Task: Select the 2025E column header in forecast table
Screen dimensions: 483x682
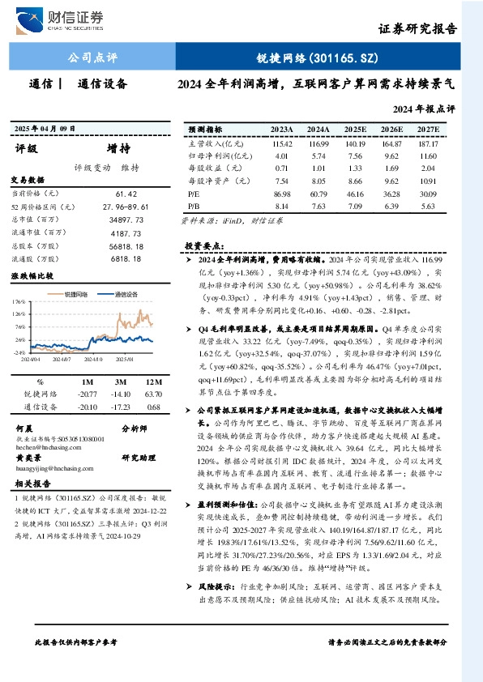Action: [355, 129]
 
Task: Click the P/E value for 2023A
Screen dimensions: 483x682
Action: [282, 194]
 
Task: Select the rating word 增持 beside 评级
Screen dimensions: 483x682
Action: [118, 148]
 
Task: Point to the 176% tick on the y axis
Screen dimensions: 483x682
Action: [19, 301]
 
